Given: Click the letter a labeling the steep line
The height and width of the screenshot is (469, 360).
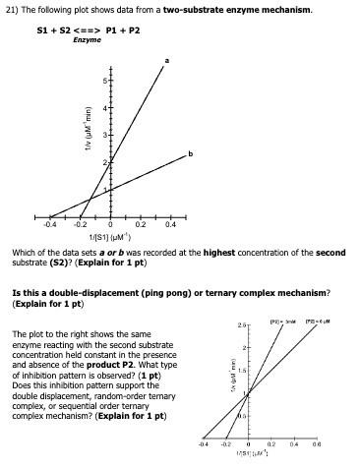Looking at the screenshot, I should [166, 61].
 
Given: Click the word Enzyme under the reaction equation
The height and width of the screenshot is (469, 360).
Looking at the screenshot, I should [87, 39].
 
